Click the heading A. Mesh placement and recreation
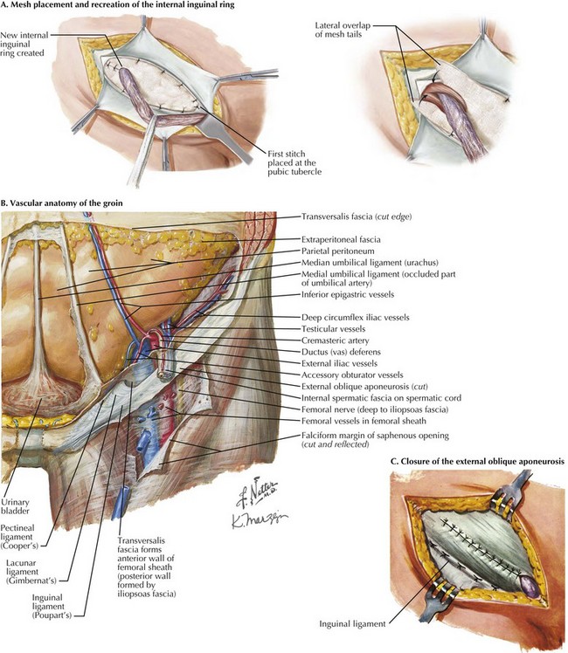(x=117, y=5)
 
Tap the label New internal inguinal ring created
(x=24, y=45)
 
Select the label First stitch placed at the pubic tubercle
(x=294, y=163)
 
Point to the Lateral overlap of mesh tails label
(x=343, y=30)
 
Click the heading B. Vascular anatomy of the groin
(x=62, y=203)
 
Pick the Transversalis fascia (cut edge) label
(x=357, y=217)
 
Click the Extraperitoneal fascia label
(x=341, y=239)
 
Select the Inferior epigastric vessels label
(x=348, y=294)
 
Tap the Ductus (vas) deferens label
(x=341, y=352)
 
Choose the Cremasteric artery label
(x=336, y=340)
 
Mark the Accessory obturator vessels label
(x=352, y=375)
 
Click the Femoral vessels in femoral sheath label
(x=364, y=421)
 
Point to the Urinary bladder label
(x=15, y=506)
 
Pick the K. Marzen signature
(x=260, y=520)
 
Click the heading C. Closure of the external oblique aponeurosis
(x=478, y=462)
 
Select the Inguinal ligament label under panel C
(x=352, y=624)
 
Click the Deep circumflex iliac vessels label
(x=356, y=318)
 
